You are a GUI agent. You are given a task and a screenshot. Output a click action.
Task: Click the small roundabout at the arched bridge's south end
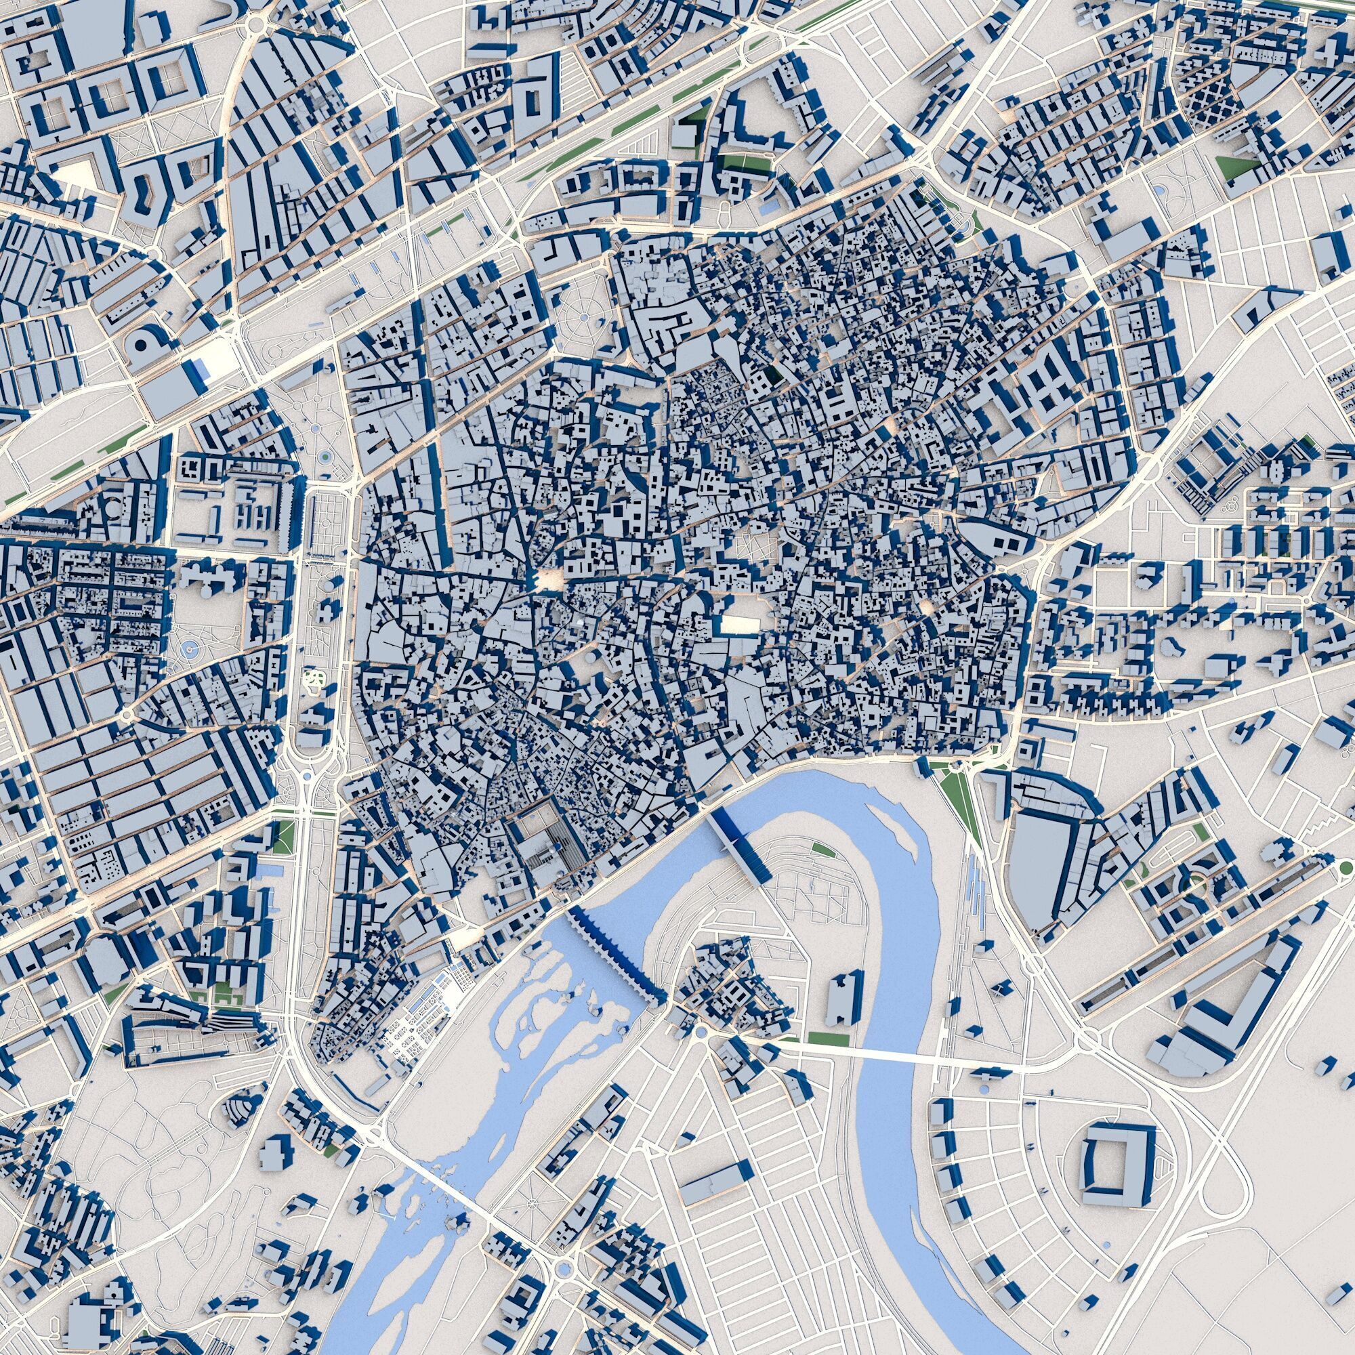click(x=699, y=1031)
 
